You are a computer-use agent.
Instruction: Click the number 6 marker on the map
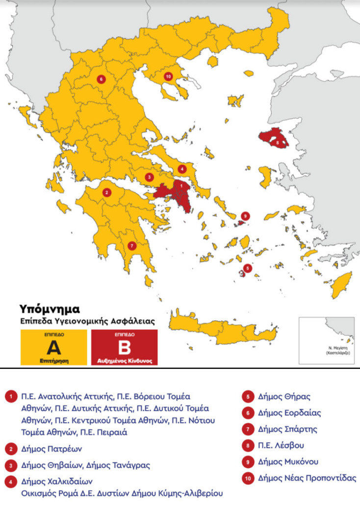[102, 79]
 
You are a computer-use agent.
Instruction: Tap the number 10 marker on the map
[168, 77]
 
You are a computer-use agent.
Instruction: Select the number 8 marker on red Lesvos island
[278, 143]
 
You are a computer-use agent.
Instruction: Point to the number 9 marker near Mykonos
[246, 216]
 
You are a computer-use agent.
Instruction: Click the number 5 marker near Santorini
[248, 268]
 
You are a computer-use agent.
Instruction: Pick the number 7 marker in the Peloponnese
[131, 245]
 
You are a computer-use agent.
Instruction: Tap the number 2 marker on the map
[106, 192]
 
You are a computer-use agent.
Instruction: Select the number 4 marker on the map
[182, 169]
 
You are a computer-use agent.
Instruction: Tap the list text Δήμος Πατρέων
[51, 448]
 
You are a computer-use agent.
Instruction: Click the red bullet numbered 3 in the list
[10, 465]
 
